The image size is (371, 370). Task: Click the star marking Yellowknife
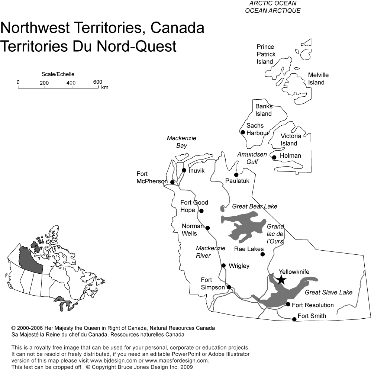281,279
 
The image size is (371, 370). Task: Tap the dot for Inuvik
184,170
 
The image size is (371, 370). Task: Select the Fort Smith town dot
294,319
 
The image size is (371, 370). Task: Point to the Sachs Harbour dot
243,132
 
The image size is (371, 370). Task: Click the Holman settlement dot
274,157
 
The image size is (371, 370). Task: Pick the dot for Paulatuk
236,175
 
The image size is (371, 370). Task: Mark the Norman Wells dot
207,228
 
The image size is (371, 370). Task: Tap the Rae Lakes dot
262,254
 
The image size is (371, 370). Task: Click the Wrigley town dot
223,266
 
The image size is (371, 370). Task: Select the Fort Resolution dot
288,304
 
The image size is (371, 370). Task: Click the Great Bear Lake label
255,206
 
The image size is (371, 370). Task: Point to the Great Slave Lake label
329,293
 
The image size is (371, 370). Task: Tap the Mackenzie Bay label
181,142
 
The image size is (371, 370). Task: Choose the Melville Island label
318,79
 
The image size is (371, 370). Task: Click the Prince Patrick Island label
266,54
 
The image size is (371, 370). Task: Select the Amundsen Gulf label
247,158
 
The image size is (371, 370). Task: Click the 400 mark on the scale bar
71,83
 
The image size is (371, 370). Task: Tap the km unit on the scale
104,88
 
